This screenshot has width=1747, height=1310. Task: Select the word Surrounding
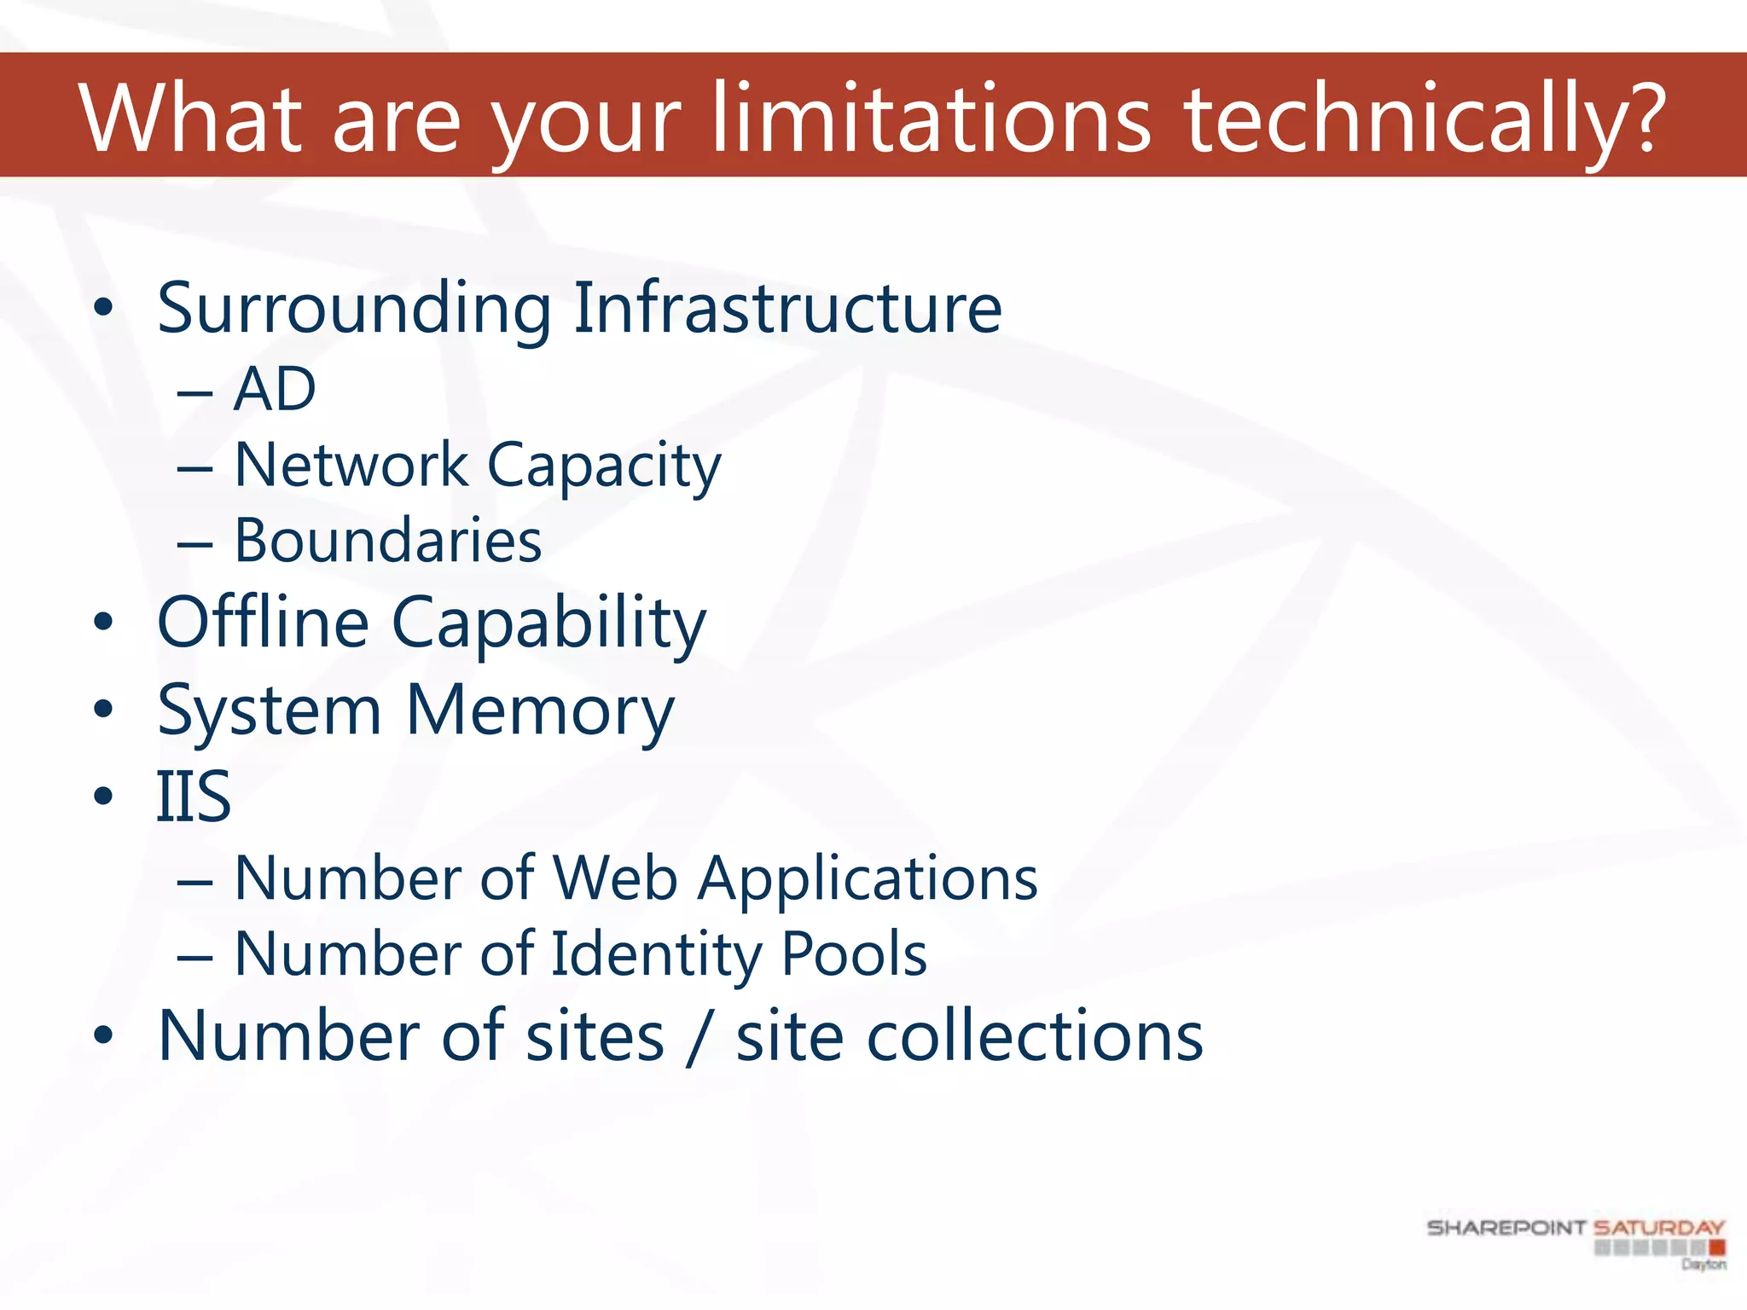355,309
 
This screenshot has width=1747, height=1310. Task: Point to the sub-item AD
275,390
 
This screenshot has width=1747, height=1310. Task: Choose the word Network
351,466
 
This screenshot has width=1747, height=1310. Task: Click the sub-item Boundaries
388,541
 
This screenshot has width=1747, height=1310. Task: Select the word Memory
540,710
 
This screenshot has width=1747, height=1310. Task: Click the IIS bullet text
194,797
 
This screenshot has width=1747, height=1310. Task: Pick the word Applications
868,878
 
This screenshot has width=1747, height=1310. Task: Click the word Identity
656,954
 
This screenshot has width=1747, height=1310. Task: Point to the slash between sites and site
699,1037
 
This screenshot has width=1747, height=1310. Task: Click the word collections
969,1035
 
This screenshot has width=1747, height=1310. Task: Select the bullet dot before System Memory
103,710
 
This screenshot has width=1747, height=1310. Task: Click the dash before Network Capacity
195,468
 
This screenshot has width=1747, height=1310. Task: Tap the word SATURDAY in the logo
1659,1228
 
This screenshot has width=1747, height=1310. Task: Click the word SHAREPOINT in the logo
1506,1228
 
